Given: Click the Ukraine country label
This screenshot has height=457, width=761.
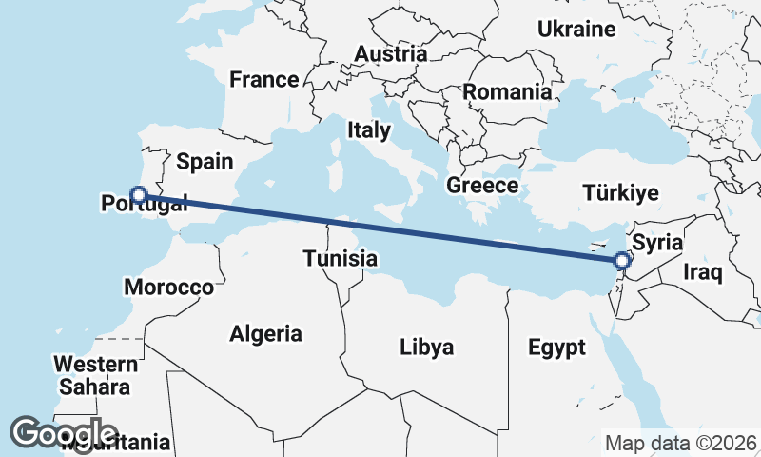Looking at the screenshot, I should coord(576,30).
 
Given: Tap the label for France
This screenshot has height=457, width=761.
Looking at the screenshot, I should coord(264,79).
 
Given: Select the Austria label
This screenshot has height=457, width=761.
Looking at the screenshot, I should coord(391,54).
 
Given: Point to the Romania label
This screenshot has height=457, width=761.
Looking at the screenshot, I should coord(507,92).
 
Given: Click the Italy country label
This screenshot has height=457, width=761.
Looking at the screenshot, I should coord(369,129).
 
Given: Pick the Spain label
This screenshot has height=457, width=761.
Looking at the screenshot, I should coord(205,162).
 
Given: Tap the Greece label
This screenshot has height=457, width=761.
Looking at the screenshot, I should coord(482,186).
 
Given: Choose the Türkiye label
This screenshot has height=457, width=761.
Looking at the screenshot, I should coord(620,193).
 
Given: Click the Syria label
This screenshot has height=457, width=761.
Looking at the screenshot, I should coord(657,242).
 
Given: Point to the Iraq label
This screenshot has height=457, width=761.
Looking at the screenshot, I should coord(704,273).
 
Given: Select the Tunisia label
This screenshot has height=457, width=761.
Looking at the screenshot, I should coord(341,258).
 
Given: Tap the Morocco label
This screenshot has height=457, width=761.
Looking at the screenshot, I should coord(169,287).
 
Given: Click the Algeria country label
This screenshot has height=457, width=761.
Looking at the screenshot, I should coord(266,334).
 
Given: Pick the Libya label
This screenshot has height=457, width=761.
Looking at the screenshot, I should coord(426,347).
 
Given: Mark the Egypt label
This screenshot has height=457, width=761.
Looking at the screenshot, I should coord(557,348).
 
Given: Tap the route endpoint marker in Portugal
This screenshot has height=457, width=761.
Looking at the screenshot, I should coord(139,195).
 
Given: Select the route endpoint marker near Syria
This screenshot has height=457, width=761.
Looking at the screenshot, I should coord(622,260).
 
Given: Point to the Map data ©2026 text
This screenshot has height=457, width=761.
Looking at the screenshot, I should coord(681,443).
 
